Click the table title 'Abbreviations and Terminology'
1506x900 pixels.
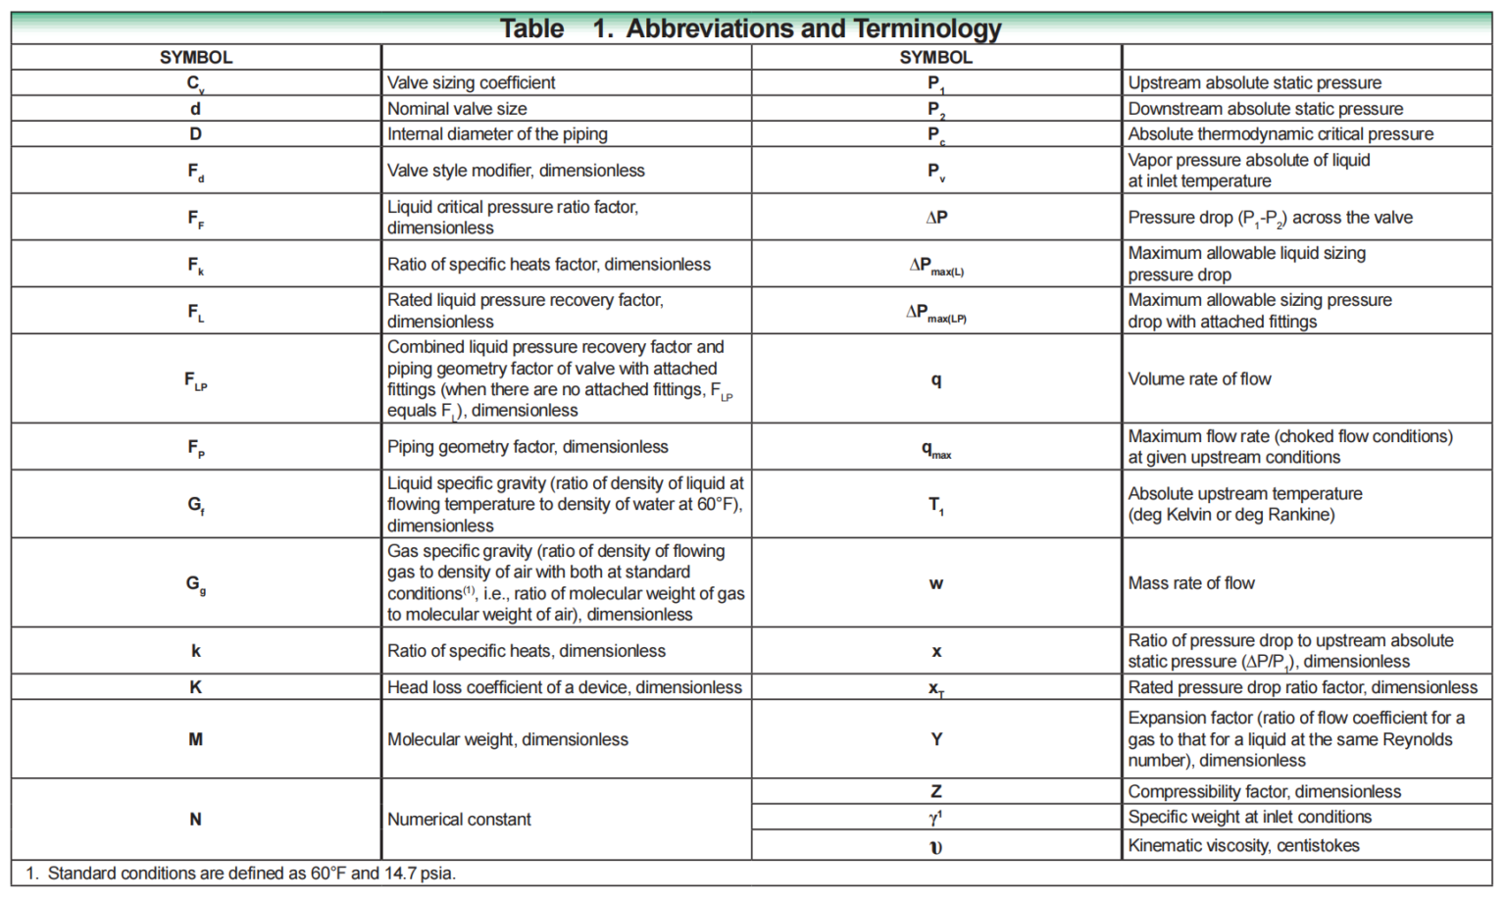[813, 28]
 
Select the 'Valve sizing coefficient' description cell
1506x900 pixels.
[471, 83]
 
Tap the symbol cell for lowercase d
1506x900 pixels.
[195, 109]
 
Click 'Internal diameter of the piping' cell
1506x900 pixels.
[497, 134]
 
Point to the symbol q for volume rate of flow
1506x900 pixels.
[936, 379]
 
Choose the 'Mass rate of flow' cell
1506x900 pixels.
[1191, 583]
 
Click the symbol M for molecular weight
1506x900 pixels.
[195, 739]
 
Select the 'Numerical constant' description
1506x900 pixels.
[459, 820]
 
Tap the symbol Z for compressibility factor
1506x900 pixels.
[936, 791]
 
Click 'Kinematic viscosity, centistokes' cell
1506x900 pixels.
[1243, 845]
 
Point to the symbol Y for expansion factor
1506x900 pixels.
[936, 739]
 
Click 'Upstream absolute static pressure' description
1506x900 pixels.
[1254, 83]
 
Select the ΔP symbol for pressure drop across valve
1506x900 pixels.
[936, 218]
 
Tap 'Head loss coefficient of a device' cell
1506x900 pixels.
[564, 687]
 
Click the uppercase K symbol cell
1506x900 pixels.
[195, 687]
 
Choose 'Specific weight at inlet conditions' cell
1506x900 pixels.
[1249, 817]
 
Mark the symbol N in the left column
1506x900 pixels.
[195, 820]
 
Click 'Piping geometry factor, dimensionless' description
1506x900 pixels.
[527, 447]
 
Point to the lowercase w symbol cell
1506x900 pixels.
[936, 583]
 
